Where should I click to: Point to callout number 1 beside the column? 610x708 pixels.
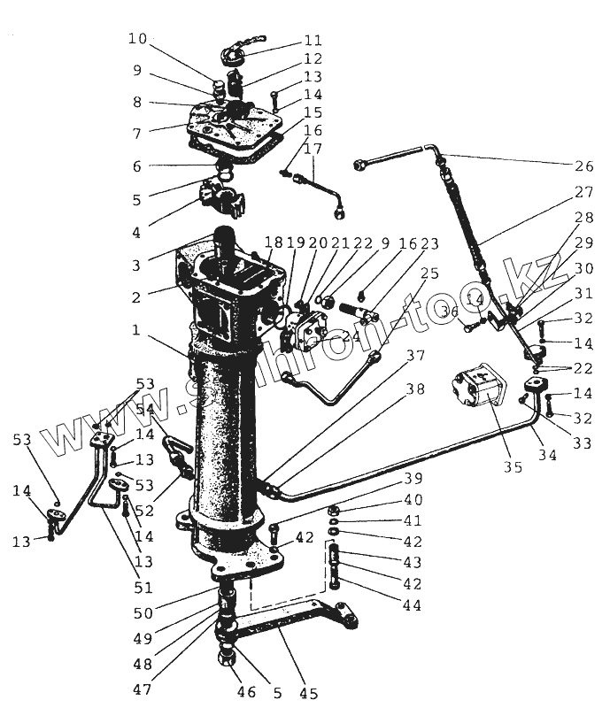[136, 329]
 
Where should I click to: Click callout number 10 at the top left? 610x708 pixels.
[137, 39]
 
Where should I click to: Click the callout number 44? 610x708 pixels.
[410, 605]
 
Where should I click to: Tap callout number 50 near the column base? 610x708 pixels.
[143, 612]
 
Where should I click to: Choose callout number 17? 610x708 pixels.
[312, 149]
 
